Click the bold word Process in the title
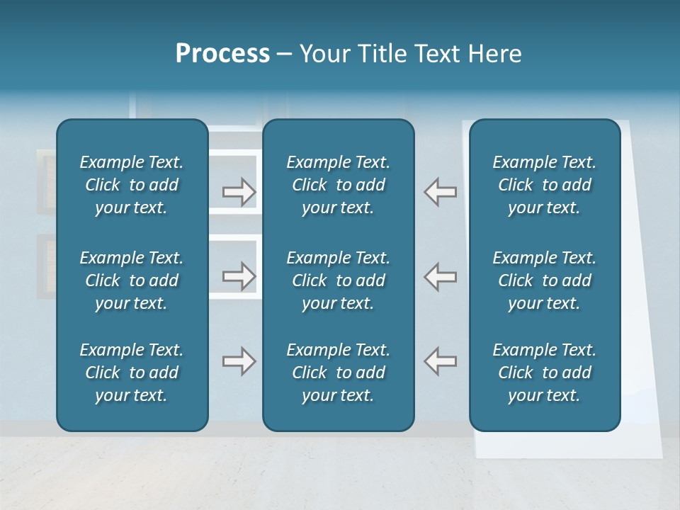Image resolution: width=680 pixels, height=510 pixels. (222, 54)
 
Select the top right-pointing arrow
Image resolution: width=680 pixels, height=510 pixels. (239, 192)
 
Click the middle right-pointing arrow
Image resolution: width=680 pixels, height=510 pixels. (239, 276)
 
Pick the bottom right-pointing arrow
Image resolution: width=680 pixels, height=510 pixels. (239, 361)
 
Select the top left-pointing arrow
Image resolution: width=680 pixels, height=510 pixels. (441, 192)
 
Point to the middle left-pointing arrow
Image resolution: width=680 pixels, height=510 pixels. (441, 276)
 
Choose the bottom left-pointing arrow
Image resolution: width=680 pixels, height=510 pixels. (441, 361)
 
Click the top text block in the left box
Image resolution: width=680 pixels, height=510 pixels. (132, 185)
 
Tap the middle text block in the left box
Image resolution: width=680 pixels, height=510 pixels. (132, 280)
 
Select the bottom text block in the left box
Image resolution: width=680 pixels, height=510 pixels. (132, 373)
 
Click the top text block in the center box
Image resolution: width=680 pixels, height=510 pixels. (338, 185)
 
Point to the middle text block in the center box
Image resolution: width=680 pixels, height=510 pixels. (338, 280)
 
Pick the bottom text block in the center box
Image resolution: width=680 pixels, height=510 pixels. (338, 373)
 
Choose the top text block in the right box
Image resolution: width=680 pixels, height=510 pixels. (545, 185)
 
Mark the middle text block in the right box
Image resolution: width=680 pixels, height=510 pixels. (545, 280)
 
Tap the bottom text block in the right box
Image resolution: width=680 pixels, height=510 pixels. (545, 373)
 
